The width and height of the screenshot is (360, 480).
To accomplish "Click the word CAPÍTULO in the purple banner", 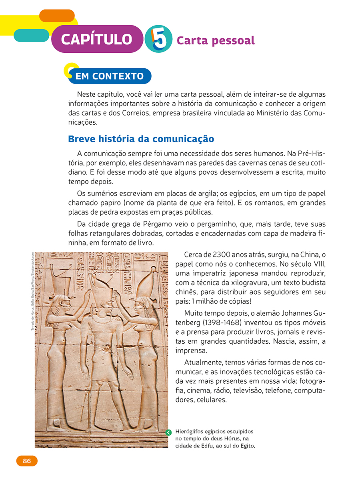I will click(x=97, y=39).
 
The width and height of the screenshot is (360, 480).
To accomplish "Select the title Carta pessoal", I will click(x=216, y=40).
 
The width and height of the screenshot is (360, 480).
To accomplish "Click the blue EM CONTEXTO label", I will click(x=109, y=76).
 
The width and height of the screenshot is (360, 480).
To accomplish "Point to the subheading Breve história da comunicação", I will click(x=141, y=139).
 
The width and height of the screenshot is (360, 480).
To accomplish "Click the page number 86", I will click(x=27, y=461).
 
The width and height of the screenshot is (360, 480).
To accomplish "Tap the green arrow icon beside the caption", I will click(x=169, y=432).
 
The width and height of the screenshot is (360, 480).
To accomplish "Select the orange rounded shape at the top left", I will click(x=57, y=15).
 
